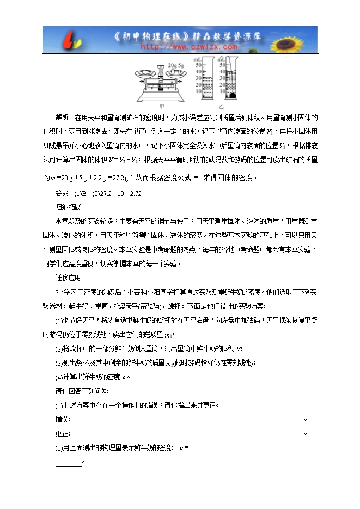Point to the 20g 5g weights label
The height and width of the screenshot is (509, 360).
(161, 66)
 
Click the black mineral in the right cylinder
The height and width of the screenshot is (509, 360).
(233, 95)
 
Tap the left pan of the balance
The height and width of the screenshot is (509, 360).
(133, 74)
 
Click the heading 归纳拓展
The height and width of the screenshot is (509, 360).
(68, 207)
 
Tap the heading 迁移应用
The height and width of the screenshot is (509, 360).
(68, 278)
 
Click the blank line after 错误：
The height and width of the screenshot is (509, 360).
(188, 420)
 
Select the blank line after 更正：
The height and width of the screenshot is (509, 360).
(188, 434)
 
